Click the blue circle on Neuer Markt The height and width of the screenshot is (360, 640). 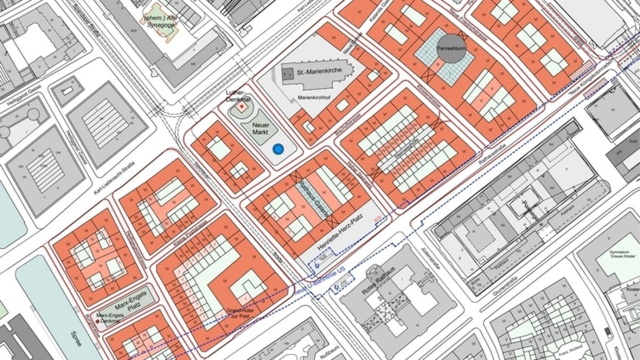click(277, 149)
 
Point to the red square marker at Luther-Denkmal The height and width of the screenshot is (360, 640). click(241, 107)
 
